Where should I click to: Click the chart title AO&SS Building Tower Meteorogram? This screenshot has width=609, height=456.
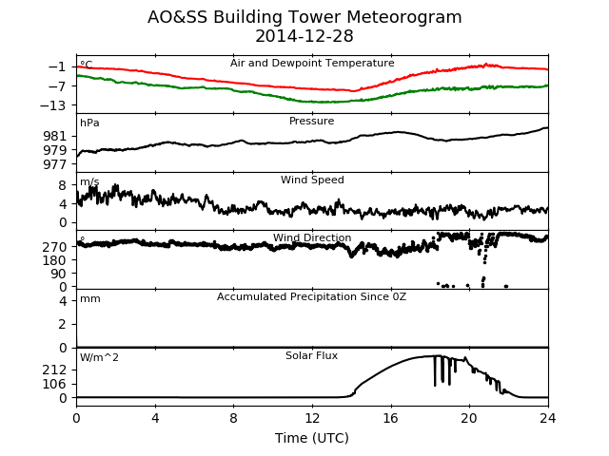[x=304, y=17]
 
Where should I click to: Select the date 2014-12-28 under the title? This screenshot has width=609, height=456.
[x=304, y=36]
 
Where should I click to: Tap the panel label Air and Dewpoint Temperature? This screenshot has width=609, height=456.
[x=312, y=63]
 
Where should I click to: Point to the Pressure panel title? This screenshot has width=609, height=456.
[x=311, y=121]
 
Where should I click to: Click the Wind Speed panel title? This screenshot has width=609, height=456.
[x=312, y=180]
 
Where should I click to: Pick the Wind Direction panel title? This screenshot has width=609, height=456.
[x=312, y=237]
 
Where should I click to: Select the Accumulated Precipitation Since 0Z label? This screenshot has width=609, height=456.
[x=311, y=297]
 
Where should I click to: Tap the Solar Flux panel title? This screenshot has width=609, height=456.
[x=311, y=355]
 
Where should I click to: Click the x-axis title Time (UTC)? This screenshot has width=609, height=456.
[x=312, y=438]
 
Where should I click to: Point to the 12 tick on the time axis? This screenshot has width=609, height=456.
[x=312, y=418]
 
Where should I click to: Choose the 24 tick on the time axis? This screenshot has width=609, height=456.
[x=548, y=418]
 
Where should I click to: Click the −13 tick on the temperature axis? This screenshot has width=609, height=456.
[x=53, y=105]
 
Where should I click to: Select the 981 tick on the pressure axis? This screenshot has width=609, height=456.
[x=55, y=136]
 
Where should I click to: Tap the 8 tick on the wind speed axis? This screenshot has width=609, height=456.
[x=63, y=185]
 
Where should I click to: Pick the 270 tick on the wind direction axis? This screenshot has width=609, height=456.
[x=55, y=247]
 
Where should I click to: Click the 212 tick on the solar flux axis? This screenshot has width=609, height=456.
[x=55, y=370]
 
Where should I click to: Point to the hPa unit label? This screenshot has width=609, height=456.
[x=89, y=123]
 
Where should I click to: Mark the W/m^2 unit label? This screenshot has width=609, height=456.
[x=99, y=357]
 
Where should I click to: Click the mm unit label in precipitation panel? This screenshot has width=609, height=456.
[x=90, y=299]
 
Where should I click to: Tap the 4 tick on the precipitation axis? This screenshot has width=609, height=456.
[x=63, y=301]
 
